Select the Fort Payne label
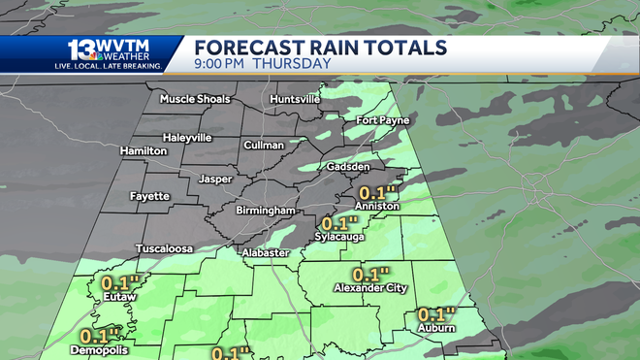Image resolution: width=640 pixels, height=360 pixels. [382, 120]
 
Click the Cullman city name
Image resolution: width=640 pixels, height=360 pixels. [265, 146]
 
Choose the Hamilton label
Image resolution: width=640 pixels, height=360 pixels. [144, 151]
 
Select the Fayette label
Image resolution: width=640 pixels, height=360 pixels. [150, 196]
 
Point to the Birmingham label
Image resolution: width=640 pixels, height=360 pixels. [265, 211]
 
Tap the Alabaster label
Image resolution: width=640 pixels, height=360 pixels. [264, 252]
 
